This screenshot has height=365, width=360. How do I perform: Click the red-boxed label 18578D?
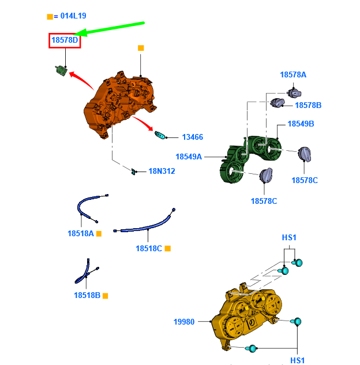point(65,40)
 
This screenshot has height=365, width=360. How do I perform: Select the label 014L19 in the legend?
point(73,16)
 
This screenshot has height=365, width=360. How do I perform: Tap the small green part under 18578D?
point(61,70)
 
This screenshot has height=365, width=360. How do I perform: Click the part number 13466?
point(192,137)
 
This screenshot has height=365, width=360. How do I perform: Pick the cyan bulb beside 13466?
point(160,135)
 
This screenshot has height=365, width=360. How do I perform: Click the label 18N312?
point(162,172)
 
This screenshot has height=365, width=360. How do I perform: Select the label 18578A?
point(293,75)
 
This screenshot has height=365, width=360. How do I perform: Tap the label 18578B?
point(308,106)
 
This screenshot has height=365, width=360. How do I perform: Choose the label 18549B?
point(301,124)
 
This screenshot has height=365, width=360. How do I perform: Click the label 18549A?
point(189,157)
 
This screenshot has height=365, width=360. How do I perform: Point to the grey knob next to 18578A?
point(294,93)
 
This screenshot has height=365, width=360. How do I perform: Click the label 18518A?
point(80,233)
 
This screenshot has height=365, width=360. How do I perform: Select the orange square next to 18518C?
point(168,248)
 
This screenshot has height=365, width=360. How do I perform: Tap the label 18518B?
point(87,295)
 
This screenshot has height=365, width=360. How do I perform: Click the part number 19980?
point(184,322)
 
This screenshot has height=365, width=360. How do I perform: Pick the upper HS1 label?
point(289,238)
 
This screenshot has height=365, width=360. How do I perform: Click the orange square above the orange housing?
point(141,48)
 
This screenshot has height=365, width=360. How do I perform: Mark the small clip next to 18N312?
point(133,172)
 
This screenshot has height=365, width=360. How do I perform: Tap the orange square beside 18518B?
point(105,296)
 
